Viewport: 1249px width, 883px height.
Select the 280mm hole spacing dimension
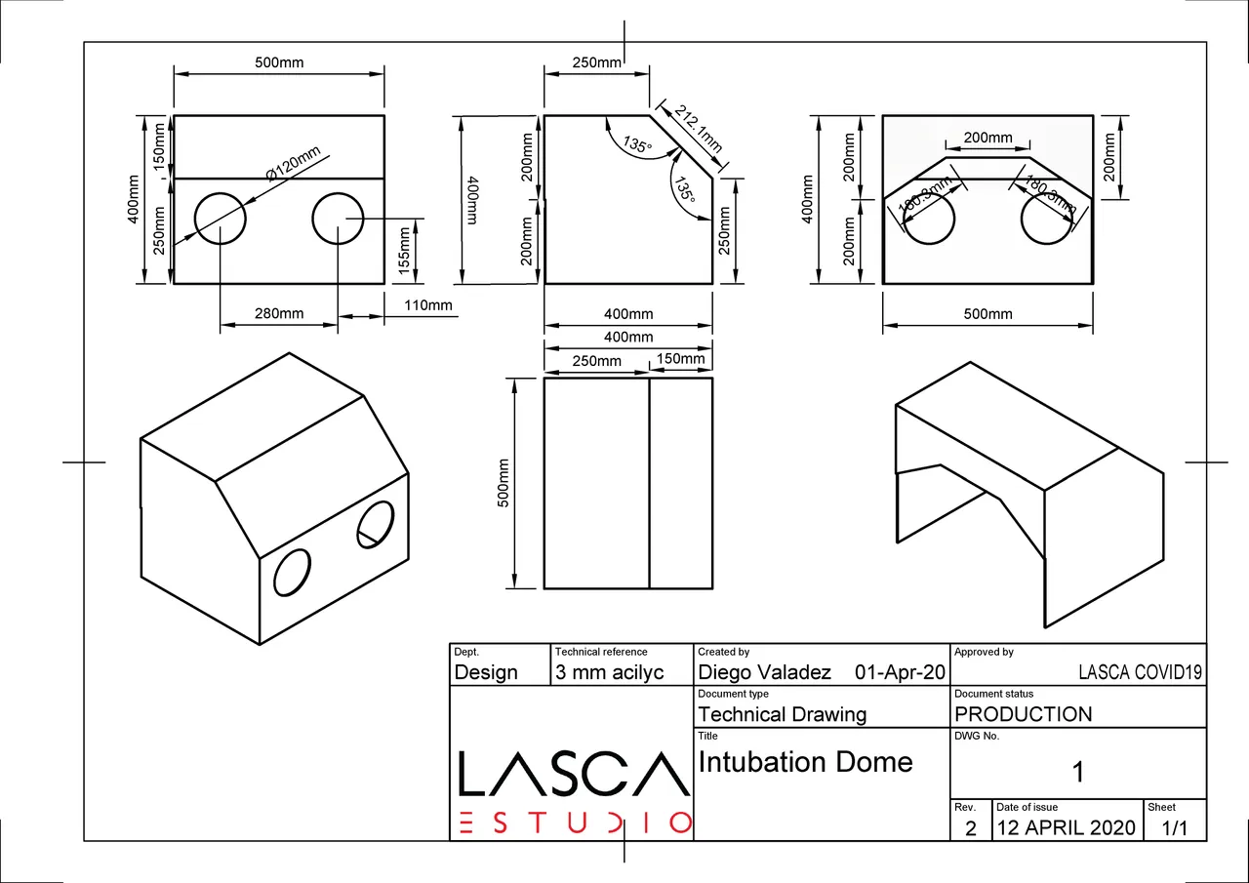279,313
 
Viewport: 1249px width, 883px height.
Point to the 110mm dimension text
428,305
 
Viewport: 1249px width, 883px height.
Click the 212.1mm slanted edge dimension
698,128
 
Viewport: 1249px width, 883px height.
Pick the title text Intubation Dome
805,762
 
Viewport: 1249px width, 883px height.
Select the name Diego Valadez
764,672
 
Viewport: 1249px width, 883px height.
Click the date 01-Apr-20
899,672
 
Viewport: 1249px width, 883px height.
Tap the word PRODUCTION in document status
1024,714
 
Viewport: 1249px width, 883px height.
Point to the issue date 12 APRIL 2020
1066,828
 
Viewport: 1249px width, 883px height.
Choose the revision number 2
970,828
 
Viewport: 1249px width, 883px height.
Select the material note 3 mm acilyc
609,672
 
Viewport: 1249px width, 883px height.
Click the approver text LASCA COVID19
1140,672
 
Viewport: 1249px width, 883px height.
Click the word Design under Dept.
486,672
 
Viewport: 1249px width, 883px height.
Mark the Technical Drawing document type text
782,714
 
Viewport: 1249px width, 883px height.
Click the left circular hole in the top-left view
221,218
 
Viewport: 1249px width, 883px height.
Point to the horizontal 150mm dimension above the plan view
680,359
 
